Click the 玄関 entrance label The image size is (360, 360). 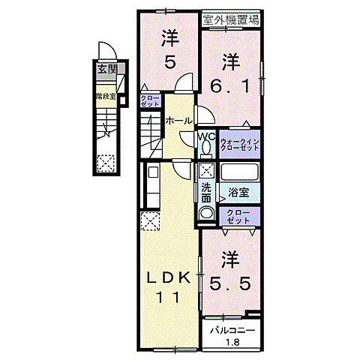107,69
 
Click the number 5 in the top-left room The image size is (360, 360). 169,64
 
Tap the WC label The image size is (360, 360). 206,136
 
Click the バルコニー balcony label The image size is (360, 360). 232,330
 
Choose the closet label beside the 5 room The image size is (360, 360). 148,101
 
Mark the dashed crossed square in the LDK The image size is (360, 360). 149,222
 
